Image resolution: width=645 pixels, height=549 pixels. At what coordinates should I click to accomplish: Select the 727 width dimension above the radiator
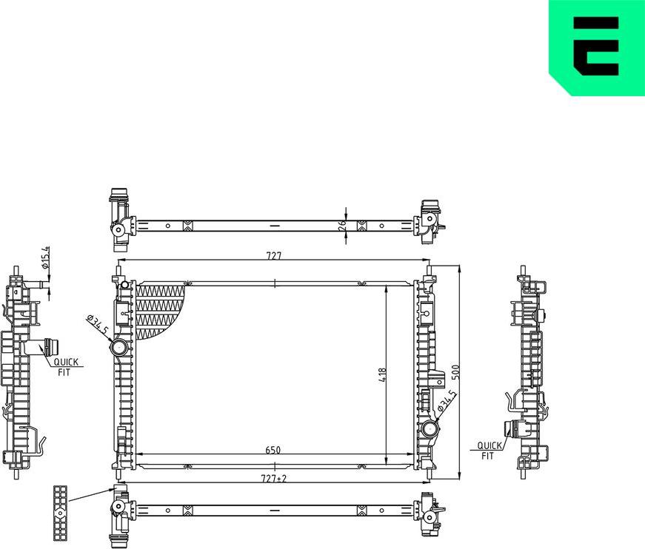(x=274, y=256)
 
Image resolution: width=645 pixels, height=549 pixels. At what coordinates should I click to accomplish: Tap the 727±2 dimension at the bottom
(x=275, y=479)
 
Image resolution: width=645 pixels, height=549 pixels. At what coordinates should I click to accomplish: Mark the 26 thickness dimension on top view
(x=342, y=225)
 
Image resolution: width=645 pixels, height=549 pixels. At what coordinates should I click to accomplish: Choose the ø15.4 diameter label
(x=45, y=257)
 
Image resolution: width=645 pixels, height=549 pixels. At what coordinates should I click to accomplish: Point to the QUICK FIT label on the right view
(x=488, y=451)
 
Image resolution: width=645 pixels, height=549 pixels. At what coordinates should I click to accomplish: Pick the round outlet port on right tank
(x=430, y=429)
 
